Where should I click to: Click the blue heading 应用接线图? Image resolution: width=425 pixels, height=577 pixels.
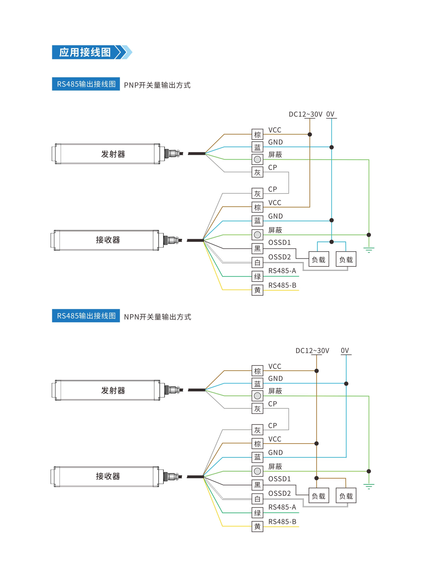tap(85, 52)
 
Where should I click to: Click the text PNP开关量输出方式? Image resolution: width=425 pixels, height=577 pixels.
tap(157, 85)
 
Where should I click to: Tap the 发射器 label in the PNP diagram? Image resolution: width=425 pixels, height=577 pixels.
tap(113, 154)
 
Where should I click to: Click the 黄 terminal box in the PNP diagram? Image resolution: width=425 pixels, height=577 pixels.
tap(257, 290)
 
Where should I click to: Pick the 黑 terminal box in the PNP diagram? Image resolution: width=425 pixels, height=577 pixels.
tap(257, 249)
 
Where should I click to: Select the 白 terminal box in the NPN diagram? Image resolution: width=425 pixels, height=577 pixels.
tap(257, 499)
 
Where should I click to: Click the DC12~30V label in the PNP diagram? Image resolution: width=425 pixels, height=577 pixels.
tap(305, 114)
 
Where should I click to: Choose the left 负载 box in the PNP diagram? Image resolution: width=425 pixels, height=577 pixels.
tap(319, 259)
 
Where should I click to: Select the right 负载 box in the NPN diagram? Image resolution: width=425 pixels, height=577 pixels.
tap(346, 496)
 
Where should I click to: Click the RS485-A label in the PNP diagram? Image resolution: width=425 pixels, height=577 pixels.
tap(282, 271)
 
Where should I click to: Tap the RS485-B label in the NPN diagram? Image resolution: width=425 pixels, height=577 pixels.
tap(282, 521)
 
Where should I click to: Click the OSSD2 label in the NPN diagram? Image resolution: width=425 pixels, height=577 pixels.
tap(279, 493)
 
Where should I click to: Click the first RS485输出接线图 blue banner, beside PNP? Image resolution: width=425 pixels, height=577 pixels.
tap(86, 84)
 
